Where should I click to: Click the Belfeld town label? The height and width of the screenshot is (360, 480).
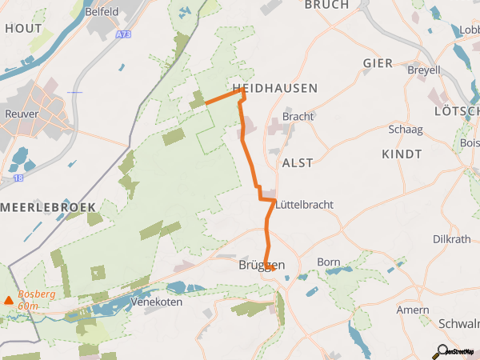point(102,12)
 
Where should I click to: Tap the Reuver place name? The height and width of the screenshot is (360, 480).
point(22,114)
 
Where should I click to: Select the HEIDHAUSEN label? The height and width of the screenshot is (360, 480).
point(275,88)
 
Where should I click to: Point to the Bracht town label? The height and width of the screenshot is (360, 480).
point(298,116)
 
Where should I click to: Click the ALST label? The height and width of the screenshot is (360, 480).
point(298,162)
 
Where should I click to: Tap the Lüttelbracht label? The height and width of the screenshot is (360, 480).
point(305,205)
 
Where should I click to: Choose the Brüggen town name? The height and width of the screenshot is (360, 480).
point(262,265)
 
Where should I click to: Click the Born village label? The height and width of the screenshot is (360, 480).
point(329,262)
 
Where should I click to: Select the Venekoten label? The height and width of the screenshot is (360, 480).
point(157,302)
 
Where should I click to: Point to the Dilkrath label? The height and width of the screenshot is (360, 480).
point(450,239)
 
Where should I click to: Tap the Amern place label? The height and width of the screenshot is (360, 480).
point(413,310)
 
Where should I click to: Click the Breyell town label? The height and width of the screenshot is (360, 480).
point(424,70)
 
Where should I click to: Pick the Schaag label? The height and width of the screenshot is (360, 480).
point(405,130)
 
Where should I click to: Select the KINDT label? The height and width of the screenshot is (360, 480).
point(402,154)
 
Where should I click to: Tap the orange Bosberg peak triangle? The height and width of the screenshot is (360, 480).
point(9,301)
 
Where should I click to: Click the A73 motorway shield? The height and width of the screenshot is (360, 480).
point(123,35)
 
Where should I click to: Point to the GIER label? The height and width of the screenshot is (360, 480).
point(378,63)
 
